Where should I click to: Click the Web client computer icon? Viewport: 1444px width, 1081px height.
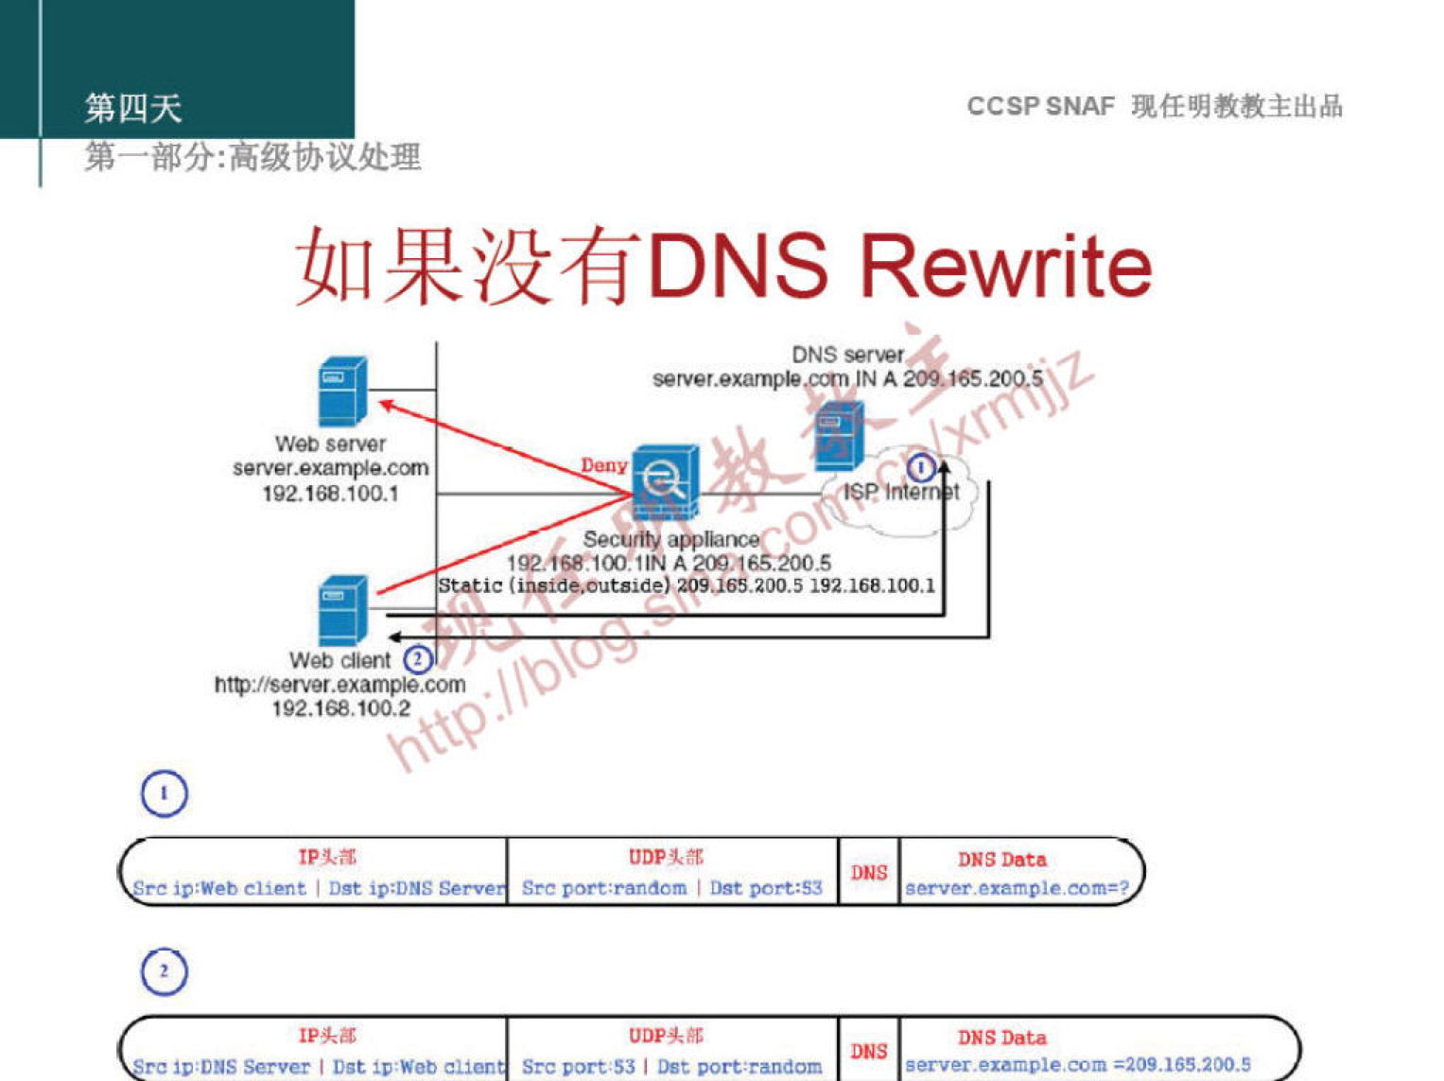342,610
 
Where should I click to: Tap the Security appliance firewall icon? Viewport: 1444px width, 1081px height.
666,482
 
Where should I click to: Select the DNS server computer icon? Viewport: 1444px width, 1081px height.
840,435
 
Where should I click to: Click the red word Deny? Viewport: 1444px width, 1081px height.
603,465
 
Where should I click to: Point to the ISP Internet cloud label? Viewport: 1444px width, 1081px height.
900,492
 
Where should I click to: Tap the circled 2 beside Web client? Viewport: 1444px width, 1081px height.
418,659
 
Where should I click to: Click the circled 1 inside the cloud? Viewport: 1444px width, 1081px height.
921,467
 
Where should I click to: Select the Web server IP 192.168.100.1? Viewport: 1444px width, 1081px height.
330,493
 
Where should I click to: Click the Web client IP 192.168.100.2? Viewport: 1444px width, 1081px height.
340,708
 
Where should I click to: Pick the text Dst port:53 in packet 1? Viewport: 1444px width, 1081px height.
766,888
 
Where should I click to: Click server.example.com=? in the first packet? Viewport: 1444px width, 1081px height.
1017,888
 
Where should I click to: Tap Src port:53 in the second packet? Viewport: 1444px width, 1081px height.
578,1067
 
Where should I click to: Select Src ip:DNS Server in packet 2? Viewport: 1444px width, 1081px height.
221,1067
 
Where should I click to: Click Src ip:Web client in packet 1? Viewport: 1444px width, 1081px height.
219,888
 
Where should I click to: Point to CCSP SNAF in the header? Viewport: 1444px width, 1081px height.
1040,106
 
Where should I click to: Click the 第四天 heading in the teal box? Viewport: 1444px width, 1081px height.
132,109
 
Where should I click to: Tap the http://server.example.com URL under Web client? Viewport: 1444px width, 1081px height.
339,684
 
